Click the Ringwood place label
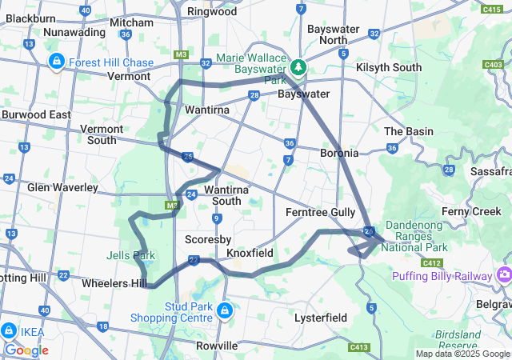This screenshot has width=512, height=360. [211, 12]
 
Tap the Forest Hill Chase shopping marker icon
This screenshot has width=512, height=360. [57, 62]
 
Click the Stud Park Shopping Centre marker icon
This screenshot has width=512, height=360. [226, 309]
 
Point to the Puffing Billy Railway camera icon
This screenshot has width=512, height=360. [504, 276]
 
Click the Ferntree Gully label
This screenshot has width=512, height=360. [321, 212]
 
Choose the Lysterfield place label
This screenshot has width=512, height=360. [320, 318]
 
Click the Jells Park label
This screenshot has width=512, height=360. [131, 256]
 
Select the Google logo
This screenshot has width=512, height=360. [26, 350]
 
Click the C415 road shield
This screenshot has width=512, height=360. [493, 10]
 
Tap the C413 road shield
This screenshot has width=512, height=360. [359, 347]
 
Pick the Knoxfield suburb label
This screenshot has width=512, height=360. [250, 253]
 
